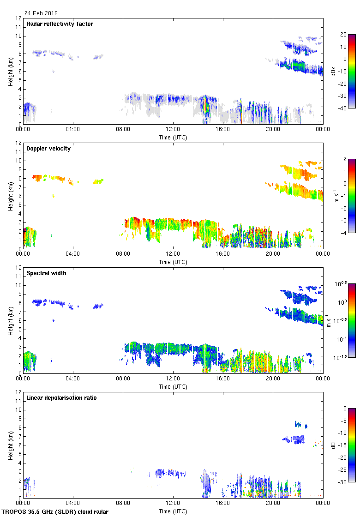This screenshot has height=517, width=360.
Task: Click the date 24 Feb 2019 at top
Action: point(41,13)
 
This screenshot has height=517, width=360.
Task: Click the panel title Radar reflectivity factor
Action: point(60,24)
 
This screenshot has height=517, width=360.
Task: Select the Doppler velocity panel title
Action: point(48,149)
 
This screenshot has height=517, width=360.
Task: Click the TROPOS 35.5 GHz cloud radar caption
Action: point(55,511)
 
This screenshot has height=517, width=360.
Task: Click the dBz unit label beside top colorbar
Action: point(333,71)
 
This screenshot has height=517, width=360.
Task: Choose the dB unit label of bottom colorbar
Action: point(333,445)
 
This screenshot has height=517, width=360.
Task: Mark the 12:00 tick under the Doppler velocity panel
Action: point(173,253)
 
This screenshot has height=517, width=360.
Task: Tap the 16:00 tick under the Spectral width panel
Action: point(223,378)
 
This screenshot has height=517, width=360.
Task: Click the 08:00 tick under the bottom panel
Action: point(123,503)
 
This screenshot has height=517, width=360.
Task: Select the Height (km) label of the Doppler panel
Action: point(10,196)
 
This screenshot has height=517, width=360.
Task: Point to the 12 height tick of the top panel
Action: point(18,18)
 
